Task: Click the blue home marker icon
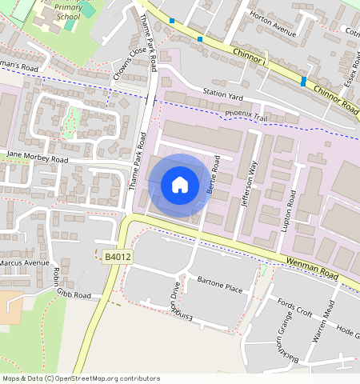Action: (x=180, y=185)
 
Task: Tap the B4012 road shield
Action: (x=118, y=257)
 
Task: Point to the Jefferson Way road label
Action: (x=249, y=185)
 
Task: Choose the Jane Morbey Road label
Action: (x=38, y=159)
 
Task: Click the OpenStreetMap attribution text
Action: (x=81, y=378)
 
